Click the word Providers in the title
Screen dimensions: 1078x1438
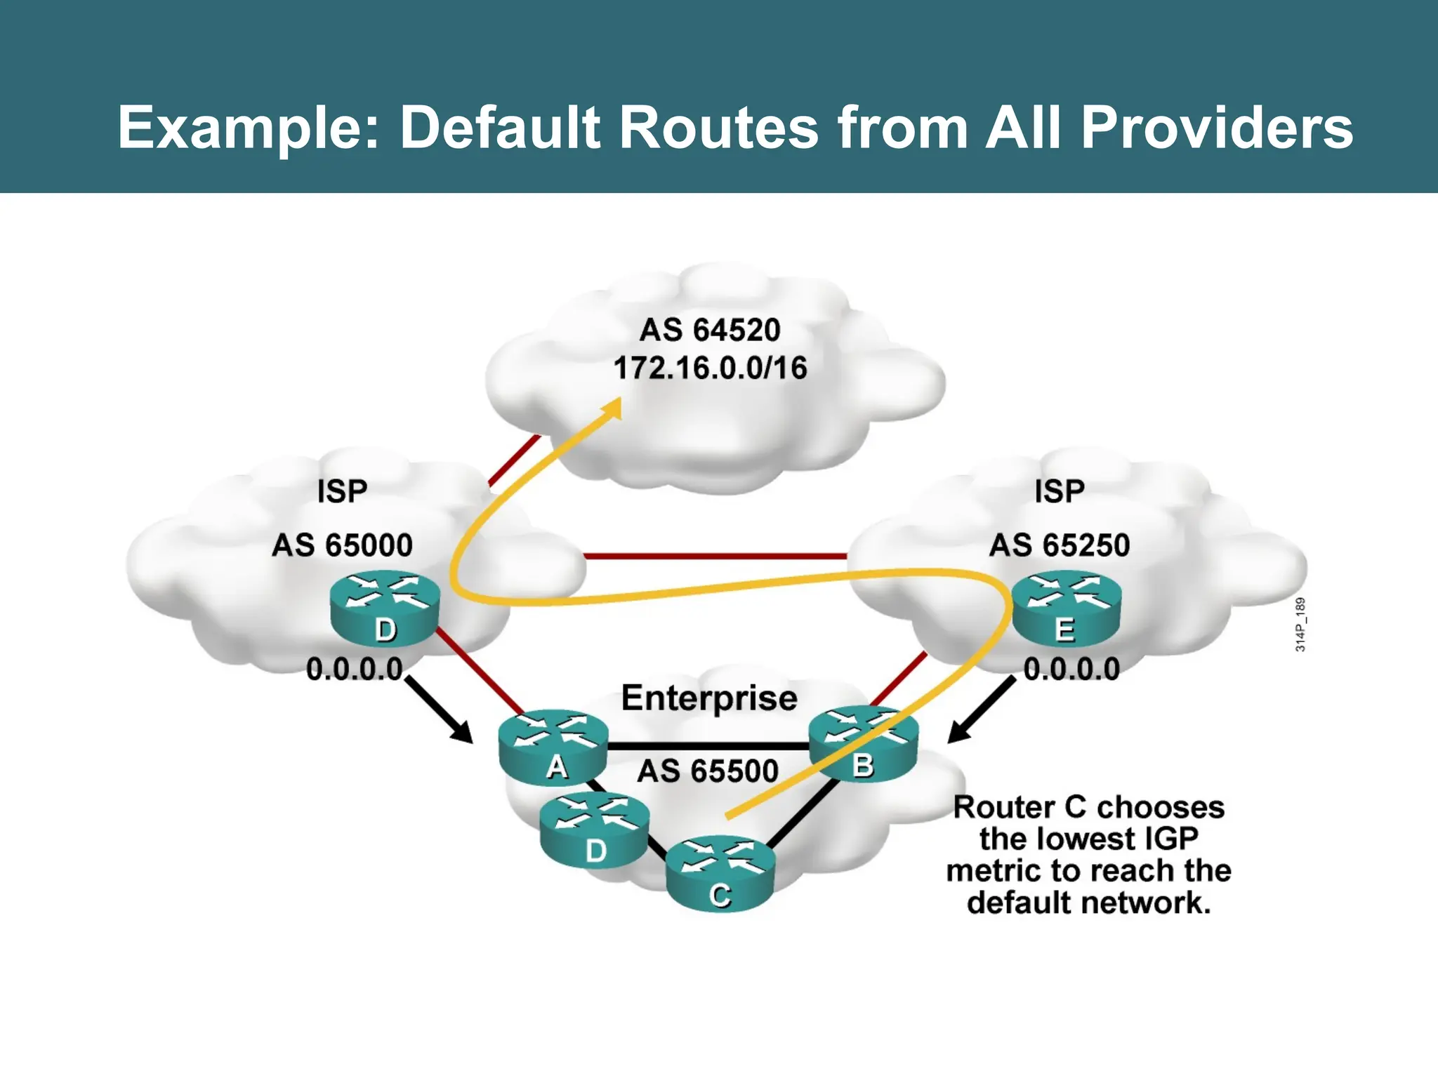pyautogui.click(x=1216, y=128)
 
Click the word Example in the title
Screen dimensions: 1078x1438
pyautogui.click(x=249, y=128)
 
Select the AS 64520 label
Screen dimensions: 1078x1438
pyautogui.click(x=710, y=330)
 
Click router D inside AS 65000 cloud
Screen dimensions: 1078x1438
pyautogui.click(x=385, y=608)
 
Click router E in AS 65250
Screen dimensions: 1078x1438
pyautogui.click(x=1066, y=608)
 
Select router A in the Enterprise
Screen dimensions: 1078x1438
pyautogui.click(x=553, y=748)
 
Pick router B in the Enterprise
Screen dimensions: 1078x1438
pyautogui.click(x=864, y=744)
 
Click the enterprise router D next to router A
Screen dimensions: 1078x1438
pyautogui.click(x=595, y=832)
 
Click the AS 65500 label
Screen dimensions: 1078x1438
pyautogui.click(x=708, y=771)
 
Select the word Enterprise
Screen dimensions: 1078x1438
pyautogui.click(x=709, y=698)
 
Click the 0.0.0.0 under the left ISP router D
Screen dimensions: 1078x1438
pyautogui.click(x=355, y=670)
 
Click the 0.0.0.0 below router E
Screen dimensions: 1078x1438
pyautogui.click(x=1071, y=670)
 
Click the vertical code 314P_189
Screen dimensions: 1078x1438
pyautogui.click(x=1300, y=625)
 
